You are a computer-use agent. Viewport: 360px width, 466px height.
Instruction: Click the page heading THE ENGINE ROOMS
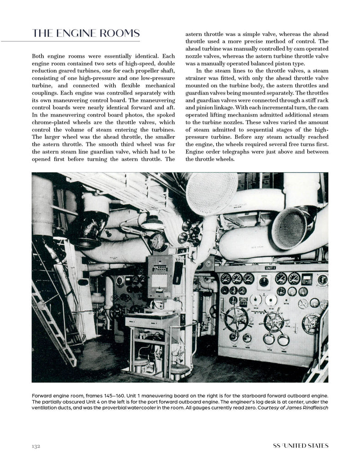click(x=86, y=34)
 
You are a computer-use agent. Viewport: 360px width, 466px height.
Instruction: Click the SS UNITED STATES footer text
click(x=297, y=446)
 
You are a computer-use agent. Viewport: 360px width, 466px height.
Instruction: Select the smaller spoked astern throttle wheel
click(x=274, y=321)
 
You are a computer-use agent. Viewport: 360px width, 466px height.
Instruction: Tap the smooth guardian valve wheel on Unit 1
click(x=311, y=323)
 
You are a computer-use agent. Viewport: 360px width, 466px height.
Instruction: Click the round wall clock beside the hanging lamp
click(x=158, y=242)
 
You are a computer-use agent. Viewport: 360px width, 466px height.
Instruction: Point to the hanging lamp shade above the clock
click(x=152, y=223)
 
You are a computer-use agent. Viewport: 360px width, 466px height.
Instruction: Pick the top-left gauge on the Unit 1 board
click(x=225, y=279)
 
